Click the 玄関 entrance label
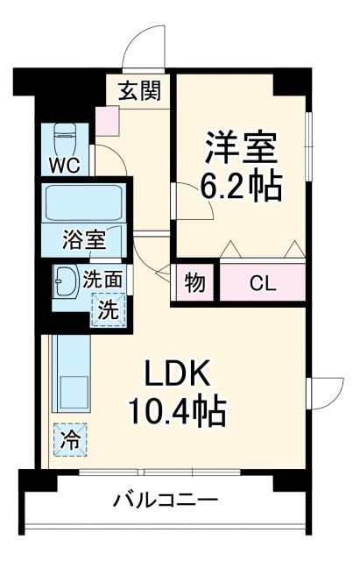click(141, 90)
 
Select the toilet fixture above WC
click(67, 137)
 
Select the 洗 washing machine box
click(107, 309)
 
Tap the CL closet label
click(261, 282)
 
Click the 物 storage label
click(195, 282)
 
